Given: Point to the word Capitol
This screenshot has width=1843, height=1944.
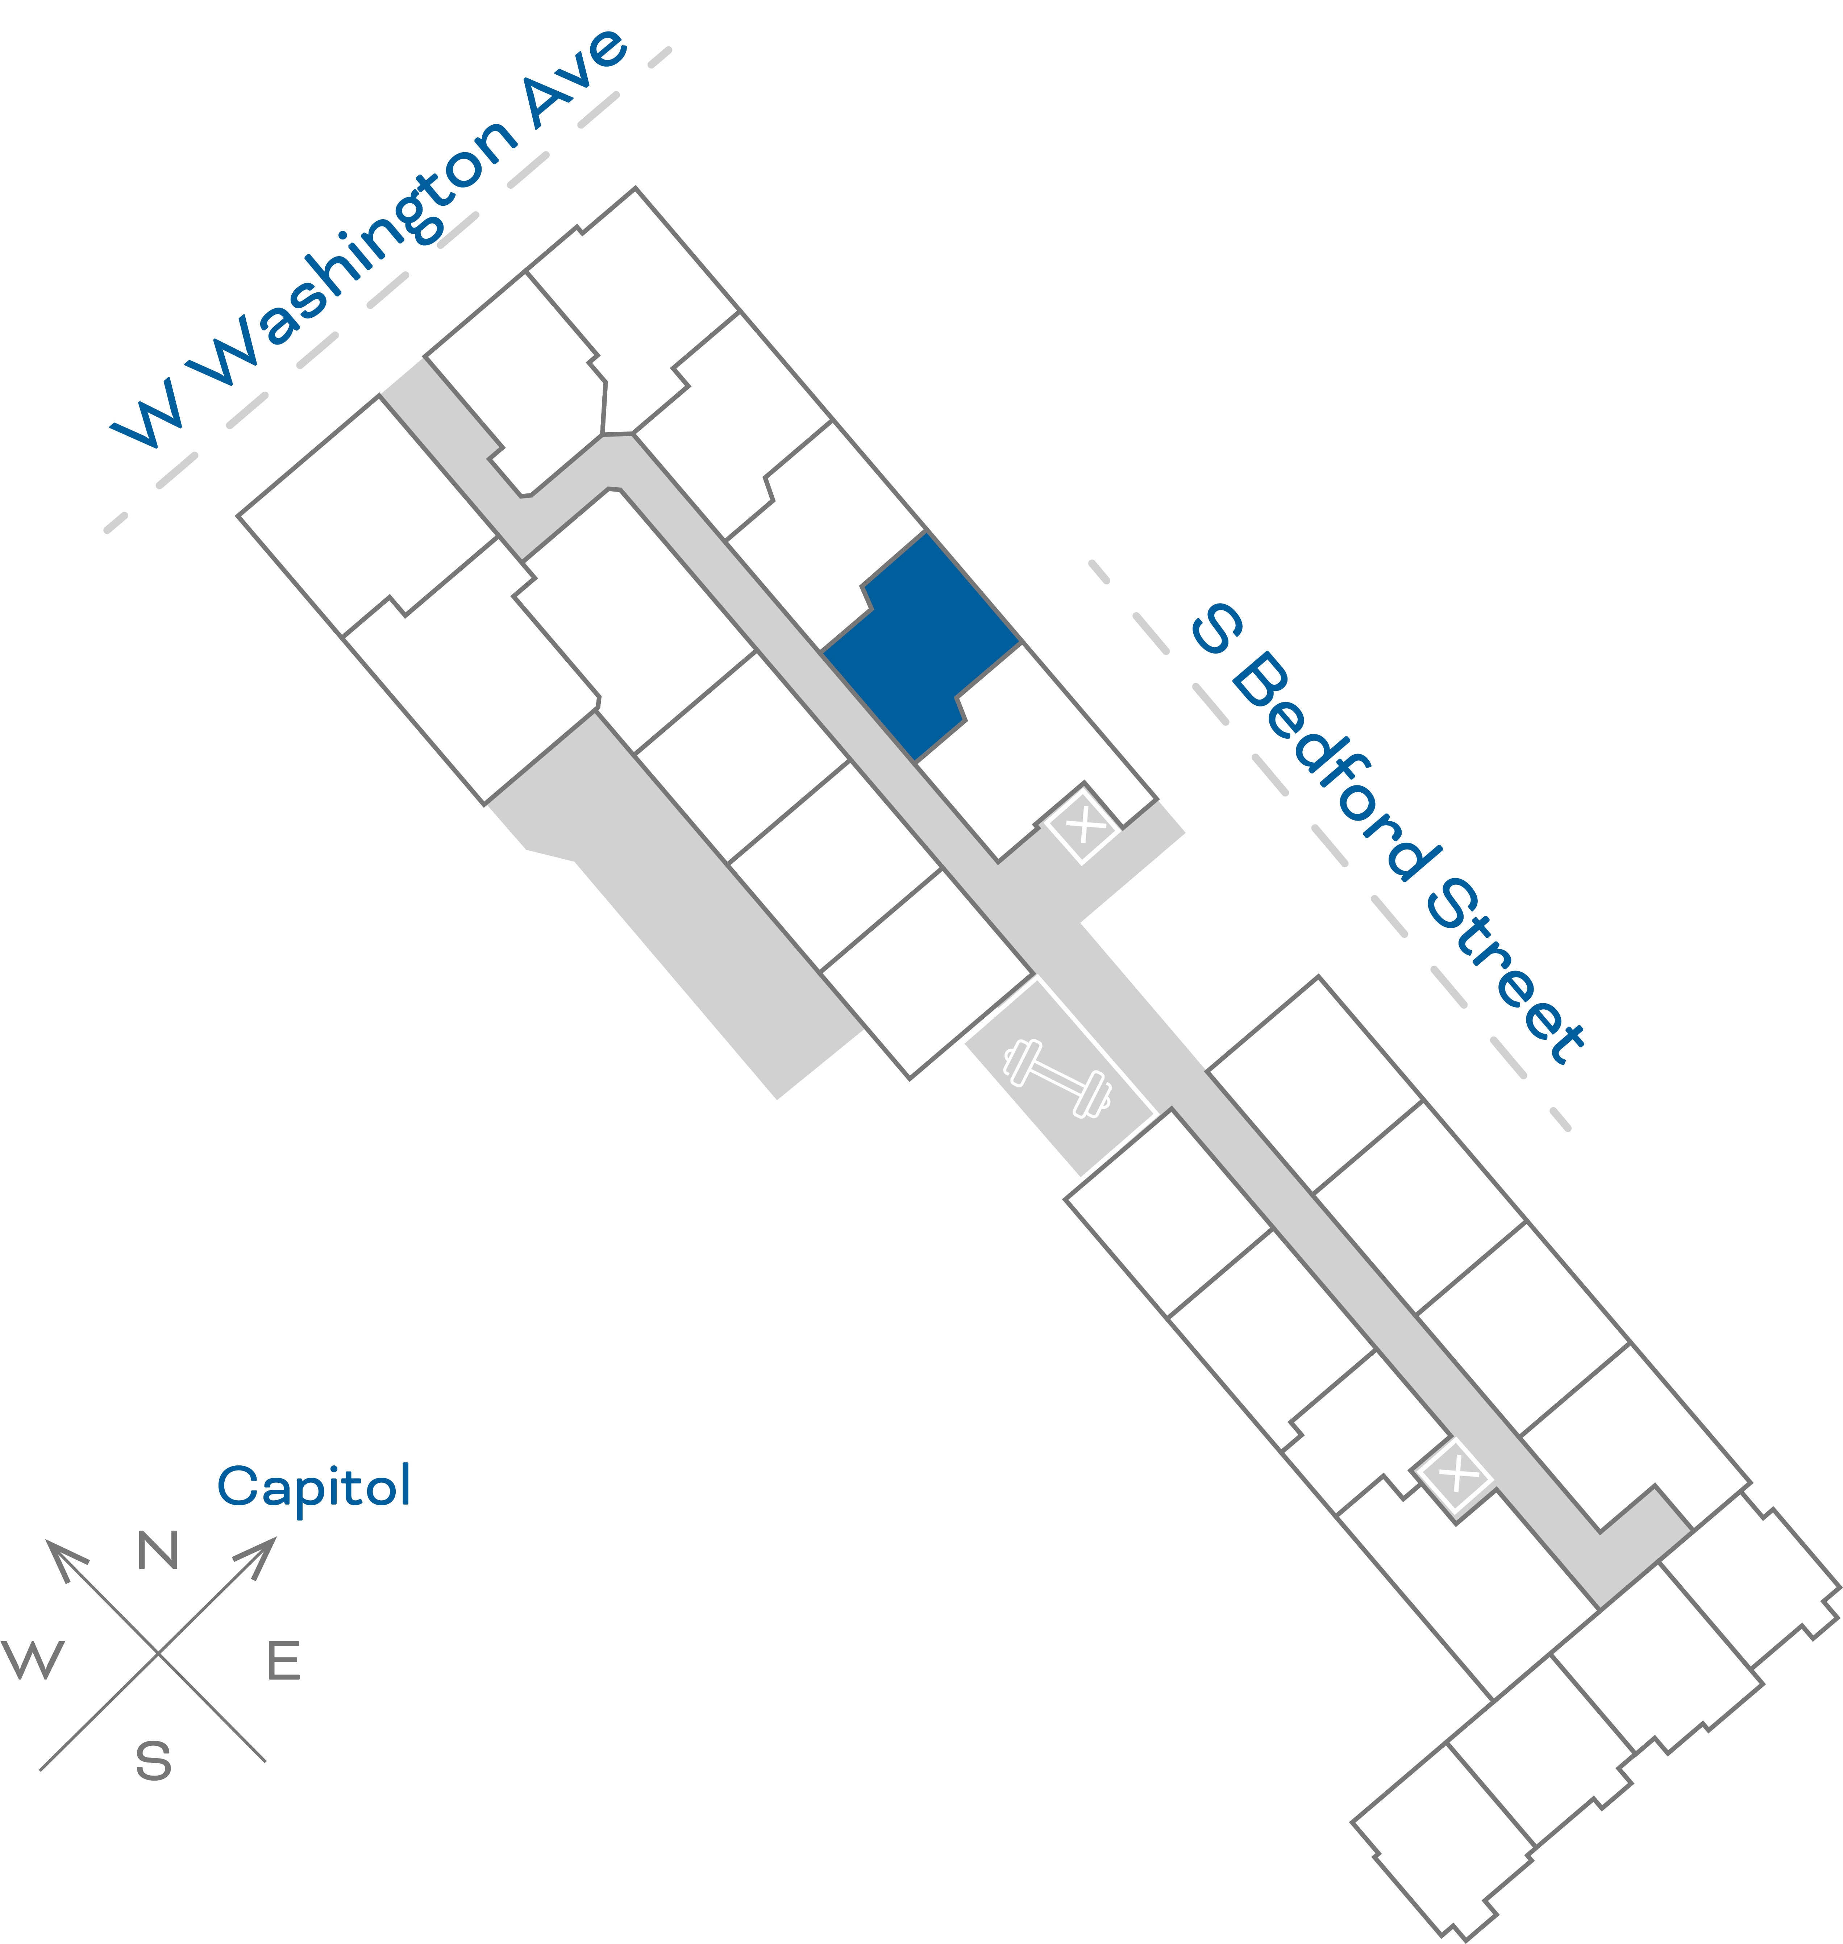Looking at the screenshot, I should point(313,1487).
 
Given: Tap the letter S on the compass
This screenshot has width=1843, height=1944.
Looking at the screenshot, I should point(153,1761).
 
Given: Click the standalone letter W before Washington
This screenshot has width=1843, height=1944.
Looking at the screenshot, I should point(147,413).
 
